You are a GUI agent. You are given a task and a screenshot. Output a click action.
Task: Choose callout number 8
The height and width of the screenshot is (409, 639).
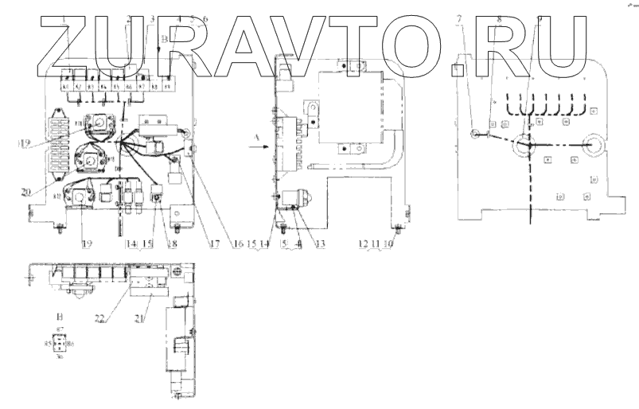499,17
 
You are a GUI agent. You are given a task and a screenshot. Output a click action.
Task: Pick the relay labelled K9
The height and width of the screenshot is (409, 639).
167,84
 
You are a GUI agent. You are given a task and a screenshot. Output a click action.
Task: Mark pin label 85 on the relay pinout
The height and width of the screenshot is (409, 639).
49,344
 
